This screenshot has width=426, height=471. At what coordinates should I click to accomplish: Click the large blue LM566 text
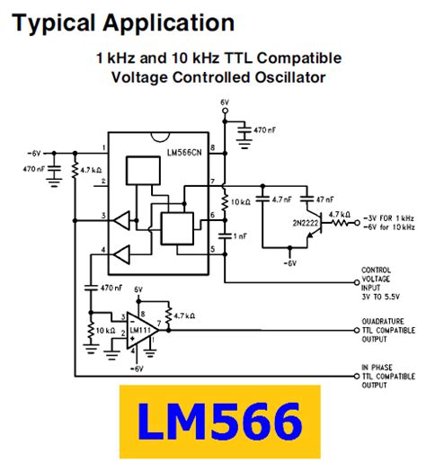[x=220, y=423]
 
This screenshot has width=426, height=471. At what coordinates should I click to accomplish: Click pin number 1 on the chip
[x=105, y=147]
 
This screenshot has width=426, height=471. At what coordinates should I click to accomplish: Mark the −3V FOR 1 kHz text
[x=392, y=218]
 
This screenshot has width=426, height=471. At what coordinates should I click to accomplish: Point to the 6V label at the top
[x=225, y=104]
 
